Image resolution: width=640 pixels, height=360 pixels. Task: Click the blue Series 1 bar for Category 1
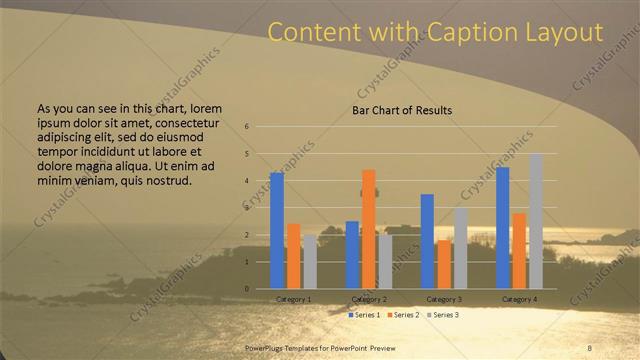[277, 231]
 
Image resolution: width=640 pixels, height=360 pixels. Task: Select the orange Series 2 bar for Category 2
[368, 229]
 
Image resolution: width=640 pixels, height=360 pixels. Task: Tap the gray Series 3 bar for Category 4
[536, 221]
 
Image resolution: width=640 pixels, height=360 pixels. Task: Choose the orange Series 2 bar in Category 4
[519, 251]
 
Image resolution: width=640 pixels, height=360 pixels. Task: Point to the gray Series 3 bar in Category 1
[309, 262]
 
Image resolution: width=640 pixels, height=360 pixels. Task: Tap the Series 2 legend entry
[404, 314]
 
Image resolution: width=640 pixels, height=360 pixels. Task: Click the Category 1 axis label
[293, 299]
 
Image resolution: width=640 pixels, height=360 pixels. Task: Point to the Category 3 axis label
[444, 299]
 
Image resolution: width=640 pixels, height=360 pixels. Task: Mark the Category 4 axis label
[519, 299]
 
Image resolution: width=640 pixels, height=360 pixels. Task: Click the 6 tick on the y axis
[247, 127]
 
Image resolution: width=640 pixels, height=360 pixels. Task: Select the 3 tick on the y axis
[247, 208]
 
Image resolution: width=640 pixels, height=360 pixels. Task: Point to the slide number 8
[589, 347]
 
